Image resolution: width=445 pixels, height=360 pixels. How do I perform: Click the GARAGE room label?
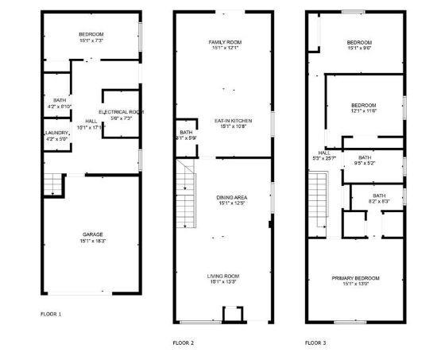pos(92,234)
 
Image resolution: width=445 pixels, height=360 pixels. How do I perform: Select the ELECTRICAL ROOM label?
pos(121,112)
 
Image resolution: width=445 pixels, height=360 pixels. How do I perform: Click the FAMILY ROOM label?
pos(225,42)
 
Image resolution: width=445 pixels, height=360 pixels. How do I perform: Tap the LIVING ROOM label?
pos(225,276)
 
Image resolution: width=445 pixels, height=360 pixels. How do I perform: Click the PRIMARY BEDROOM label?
pos(355,278)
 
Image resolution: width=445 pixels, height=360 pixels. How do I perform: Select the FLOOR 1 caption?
pos(51,314)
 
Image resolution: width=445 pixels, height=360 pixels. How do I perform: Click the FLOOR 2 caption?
pos(183,343)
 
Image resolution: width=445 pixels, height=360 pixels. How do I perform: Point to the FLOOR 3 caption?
pos(315,343)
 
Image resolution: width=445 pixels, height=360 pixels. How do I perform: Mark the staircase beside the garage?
pos(52,186)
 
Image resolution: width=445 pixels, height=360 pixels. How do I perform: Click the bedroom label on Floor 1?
pos(91,33)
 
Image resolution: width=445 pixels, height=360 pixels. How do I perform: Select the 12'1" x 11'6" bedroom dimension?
pos(363,111)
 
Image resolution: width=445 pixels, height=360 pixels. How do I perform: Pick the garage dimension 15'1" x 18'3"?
pos(92,241)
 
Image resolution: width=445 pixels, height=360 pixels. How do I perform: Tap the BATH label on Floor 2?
pos(186,132)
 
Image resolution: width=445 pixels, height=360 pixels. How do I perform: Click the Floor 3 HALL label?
pos(324,153)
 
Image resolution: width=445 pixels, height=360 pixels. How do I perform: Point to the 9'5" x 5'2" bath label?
pos(364,163)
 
